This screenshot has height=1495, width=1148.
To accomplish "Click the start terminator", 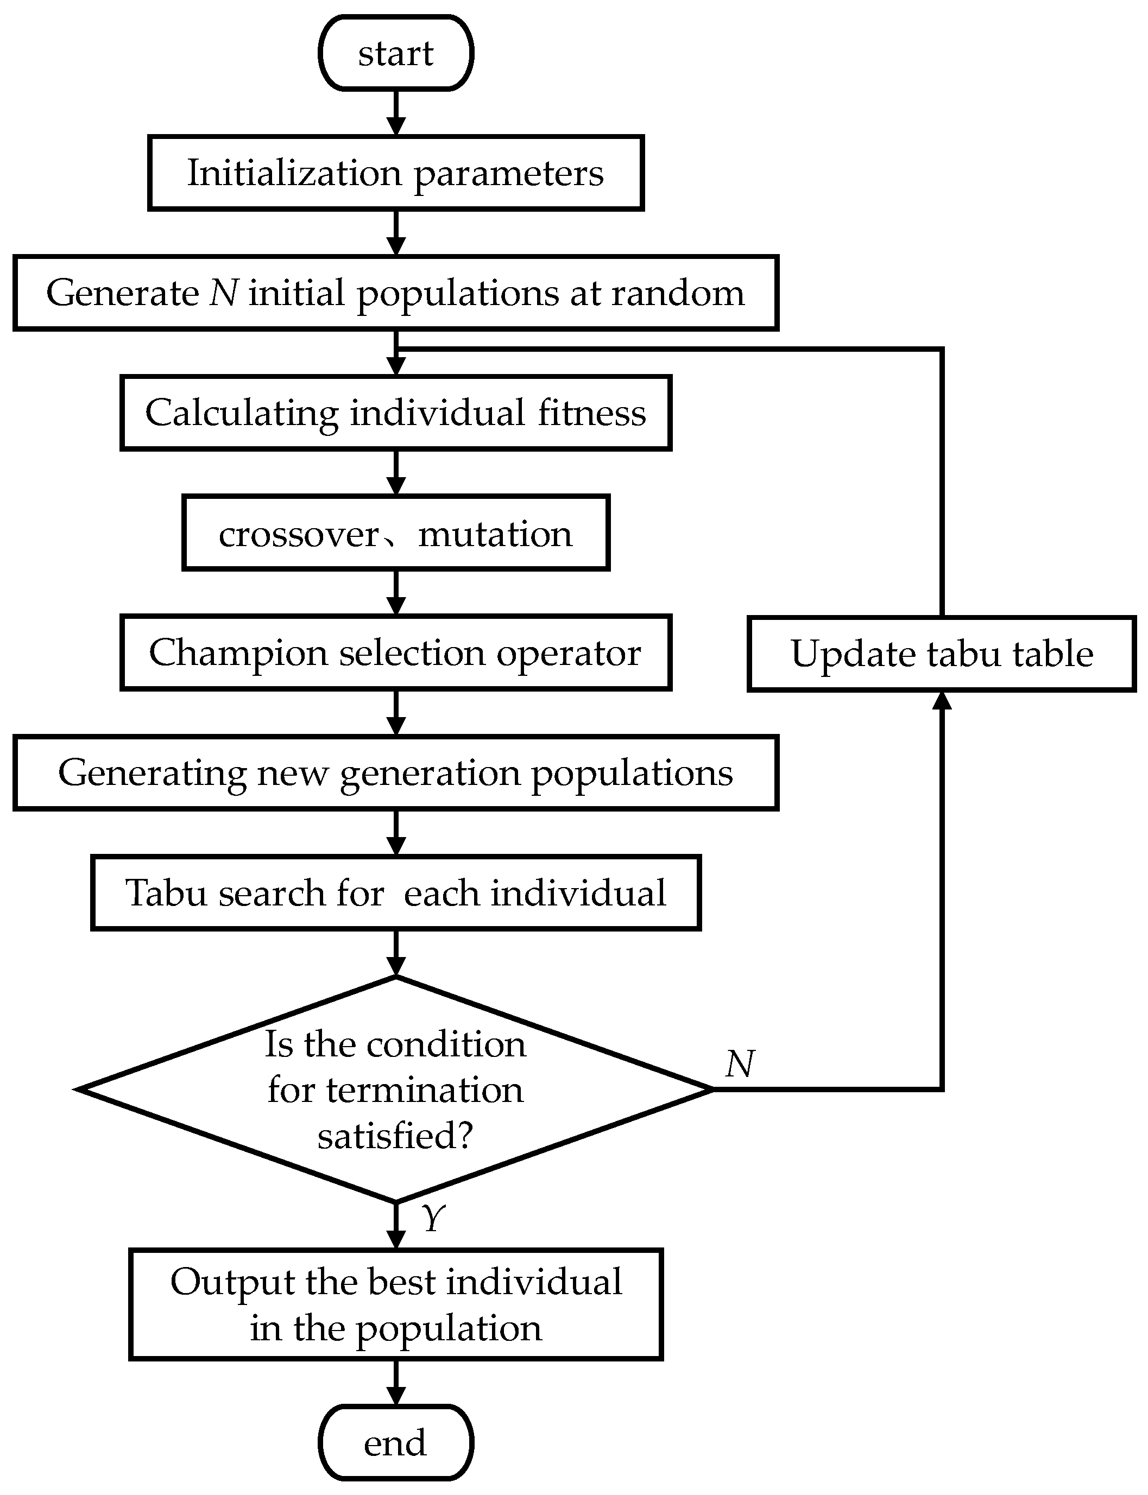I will click(x=396, y=53).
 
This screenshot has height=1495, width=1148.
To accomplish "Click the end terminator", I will click(x=396, y=1442).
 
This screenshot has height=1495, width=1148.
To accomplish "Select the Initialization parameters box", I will click(x=396, y=173).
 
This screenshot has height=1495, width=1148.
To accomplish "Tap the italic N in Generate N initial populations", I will click(x=223, y=293).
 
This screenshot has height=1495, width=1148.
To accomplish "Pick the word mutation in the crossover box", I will click(x=495, y=534).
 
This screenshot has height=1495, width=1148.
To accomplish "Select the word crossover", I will click(x=299, y=534).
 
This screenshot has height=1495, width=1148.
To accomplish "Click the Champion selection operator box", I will click(x=396, y=653).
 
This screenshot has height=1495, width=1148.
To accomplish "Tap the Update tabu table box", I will click(x=942, y=654).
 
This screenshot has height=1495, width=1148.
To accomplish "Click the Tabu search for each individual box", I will click(x=396, y=892).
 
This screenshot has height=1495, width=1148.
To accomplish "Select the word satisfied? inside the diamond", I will click(x=395, y=1136).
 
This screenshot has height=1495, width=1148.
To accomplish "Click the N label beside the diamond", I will click(x=740, y=1063).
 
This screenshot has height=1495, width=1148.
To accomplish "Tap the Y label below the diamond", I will click(x=433, y=1217).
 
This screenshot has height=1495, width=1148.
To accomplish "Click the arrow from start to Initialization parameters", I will click(x=396, y=113).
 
